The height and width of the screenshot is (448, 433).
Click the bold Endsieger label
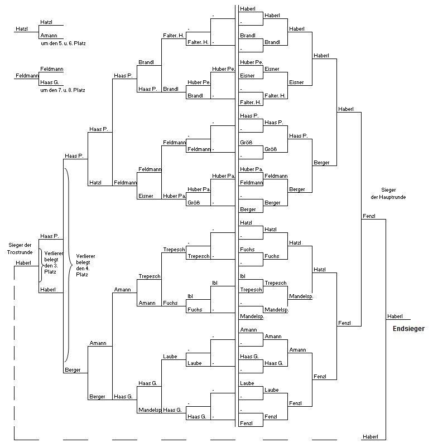408,329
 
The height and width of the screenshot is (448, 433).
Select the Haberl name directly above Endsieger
395,316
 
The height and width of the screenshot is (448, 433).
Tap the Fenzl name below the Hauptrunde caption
369,216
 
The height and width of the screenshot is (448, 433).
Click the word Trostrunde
20,252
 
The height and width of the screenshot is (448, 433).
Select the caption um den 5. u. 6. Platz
63,43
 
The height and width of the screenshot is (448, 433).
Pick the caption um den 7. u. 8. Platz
62,90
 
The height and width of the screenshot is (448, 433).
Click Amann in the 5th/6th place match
49,36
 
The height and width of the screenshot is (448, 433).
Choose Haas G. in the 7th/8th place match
50,82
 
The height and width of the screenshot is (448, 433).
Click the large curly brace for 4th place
69,265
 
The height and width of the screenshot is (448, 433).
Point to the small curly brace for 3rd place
41,265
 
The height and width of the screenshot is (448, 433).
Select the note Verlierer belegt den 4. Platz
85,265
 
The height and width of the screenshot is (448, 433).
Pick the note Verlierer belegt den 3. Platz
54,262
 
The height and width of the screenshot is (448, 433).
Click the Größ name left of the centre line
194,203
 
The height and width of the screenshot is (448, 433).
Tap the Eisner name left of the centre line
146,196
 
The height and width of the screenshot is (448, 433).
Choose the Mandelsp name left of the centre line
150,410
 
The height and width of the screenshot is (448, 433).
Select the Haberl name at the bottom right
371,436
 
